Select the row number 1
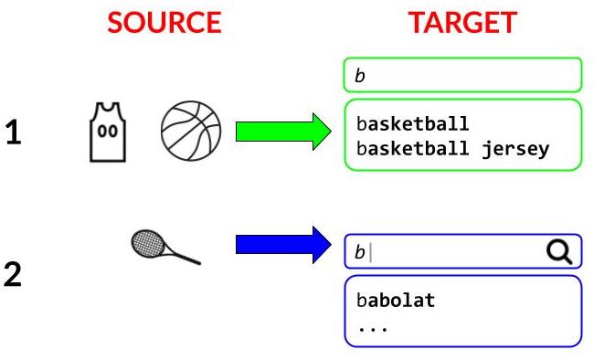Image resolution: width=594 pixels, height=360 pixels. point(14,133)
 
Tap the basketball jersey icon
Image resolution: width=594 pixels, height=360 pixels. point(108,132)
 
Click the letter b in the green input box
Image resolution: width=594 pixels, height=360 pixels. point(359,77)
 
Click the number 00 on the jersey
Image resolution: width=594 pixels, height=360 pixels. point(108,131)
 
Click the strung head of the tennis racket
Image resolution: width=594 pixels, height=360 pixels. point(148,241)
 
